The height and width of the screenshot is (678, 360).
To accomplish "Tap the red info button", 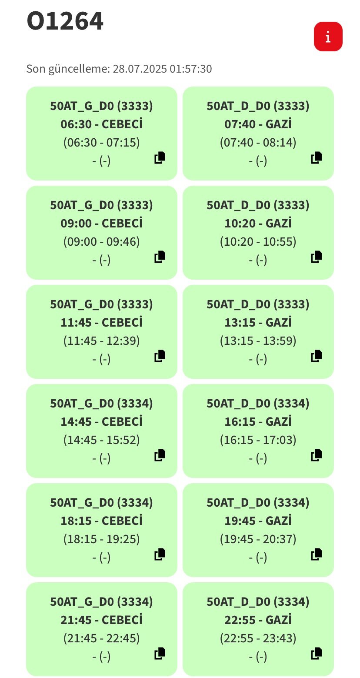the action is point(328,37).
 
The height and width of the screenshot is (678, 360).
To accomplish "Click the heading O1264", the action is point(65,21).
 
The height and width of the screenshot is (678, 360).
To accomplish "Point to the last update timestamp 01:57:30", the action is point(190,69).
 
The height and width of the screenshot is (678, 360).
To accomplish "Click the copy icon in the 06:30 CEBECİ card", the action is point(160,158).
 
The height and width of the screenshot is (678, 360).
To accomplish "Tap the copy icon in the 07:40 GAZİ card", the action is point(316,158).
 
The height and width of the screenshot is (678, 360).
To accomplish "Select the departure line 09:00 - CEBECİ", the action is point(101,224).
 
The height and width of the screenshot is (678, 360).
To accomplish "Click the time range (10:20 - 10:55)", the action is point(258,241).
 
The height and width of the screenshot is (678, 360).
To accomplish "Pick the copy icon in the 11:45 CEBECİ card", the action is point(160,356).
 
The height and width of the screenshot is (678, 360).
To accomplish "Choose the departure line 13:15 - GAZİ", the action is point(258,322).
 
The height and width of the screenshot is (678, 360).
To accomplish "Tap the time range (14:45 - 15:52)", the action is point(101,440).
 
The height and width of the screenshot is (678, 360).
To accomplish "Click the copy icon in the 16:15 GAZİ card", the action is point(316,455).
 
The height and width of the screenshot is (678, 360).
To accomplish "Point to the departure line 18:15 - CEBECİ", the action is point(101,521).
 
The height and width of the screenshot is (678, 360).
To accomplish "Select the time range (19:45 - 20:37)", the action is point(258,539).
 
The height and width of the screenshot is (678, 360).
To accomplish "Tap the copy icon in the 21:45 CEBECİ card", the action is point(160,654).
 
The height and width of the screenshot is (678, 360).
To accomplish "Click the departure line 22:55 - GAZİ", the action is point(258,620).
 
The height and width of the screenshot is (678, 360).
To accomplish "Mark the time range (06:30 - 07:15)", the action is point(101,143).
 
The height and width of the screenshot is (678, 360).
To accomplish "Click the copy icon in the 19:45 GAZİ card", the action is point(316,554).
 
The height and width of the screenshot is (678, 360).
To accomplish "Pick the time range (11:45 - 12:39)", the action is point(101,341).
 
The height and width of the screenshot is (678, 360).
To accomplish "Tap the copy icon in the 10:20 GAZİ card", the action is point(316,257).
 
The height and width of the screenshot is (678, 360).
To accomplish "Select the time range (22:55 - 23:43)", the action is point(258,638).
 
